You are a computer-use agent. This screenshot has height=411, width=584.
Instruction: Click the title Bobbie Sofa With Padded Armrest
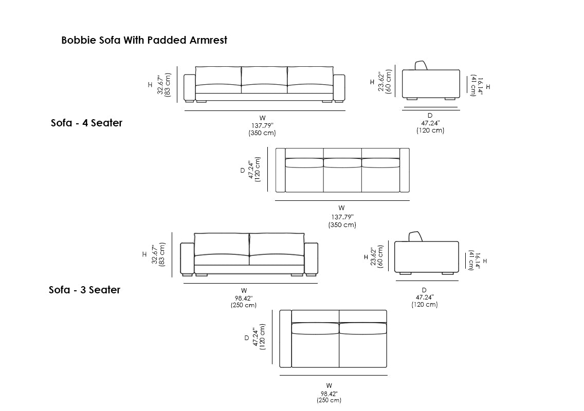(x=144, y=40)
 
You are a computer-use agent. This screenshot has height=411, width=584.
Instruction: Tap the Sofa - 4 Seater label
(x=87, y=123)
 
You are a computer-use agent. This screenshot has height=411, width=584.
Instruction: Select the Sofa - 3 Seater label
(x=85, y=290)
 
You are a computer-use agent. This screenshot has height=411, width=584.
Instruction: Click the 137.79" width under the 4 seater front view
(x=262, y=125)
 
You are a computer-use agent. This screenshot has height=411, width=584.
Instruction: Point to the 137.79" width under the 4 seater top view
(x=342, y=217)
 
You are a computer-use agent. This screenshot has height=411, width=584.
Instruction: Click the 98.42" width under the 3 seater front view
(x=244, y=298)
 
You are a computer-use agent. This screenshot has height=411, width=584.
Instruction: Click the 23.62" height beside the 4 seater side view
(x=381, y=81)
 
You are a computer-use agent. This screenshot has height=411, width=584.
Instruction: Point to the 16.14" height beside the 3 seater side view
(x=478, y=260)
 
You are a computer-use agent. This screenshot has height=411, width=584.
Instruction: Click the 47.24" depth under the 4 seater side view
(x=430, y=123)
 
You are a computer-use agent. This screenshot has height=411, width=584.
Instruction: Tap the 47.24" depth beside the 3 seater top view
(x=255, y=338)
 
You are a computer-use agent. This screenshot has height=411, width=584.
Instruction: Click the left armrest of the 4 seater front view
(x=189, y=88)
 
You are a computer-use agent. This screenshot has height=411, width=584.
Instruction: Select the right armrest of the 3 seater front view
(x=311, y=258)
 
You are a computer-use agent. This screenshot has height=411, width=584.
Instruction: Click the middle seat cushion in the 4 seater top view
(x=342, y=163)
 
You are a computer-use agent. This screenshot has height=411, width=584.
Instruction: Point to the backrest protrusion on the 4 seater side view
(x=422, y=65)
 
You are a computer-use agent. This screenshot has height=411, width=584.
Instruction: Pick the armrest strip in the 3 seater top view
(x=285, y=339)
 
